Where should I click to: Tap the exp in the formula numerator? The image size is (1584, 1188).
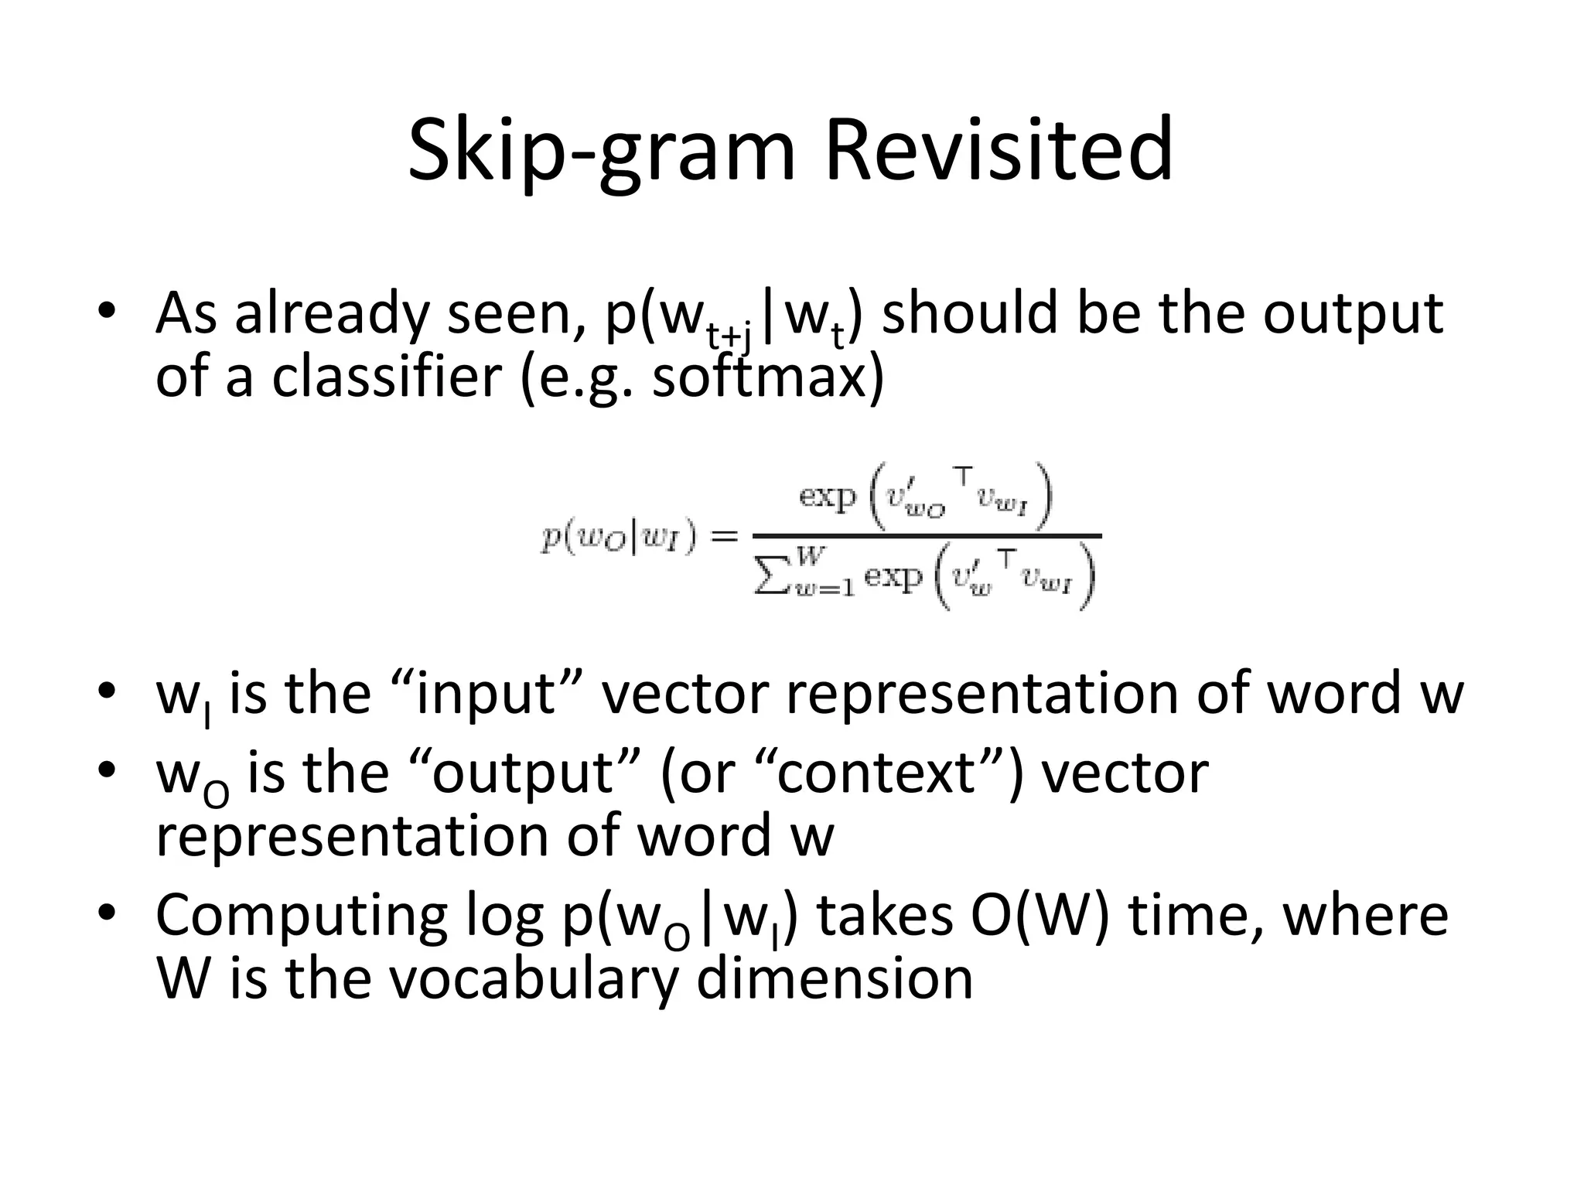click(828, 496)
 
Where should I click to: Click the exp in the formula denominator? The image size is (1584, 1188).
click(893, 576)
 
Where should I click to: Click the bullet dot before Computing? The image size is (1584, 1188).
click(107, 913)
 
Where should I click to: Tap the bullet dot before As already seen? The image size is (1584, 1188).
click(107, 310)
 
